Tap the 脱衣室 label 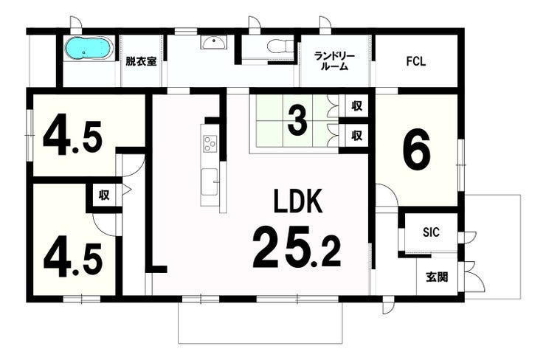(141, 62)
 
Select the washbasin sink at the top (212, 43)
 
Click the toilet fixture (280, 46)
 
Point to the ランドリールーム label (334, 61)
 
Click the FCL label (415, 61)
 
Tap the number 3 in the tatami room (297, 121)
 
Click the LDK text (298, 201)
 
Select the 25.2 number (297, 246)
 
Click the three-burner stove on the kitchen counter (210, 144)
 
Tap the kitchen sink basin (210, 181)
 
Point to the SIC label (431, 232)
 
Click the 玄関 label (437, 277)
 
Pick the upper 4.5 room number (72, 138)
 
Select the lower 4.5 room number (73, 261)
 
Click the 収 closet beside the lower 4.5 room (104, 195)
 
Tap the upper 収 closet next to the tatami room (357, 105)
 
